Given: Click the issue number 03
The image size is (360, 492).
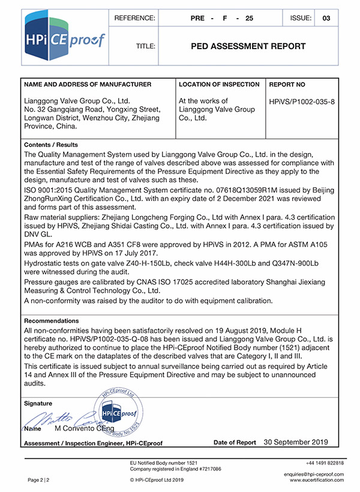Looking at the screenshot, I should coord(326,19).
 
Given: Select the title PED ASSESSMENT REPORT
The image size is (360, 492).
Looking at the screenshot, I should coord(248,46).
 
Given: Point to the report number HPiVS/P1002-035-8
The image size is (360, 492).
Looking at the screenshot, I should coord(302,101).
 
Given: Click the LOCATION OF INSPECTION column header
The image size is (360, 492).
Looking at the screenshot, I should coord(219,85).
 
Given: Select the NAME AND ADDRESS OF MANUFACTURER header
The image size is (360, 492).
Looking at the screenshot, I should coord(87,85).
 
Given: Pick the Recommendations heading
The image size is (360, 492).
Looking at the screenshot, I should coord(51,321).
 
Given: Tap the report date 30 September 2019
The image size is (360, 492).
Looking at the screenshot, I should coord(296,442).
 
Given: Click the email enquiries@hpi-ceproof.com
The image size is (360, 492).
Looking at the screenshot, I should coord(313,474).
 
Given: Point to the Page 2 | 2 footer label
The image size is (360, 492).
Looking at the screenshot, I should coord(38,480).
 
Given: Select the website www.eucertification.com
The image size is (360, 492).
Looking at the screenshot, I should coord(317,480).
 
